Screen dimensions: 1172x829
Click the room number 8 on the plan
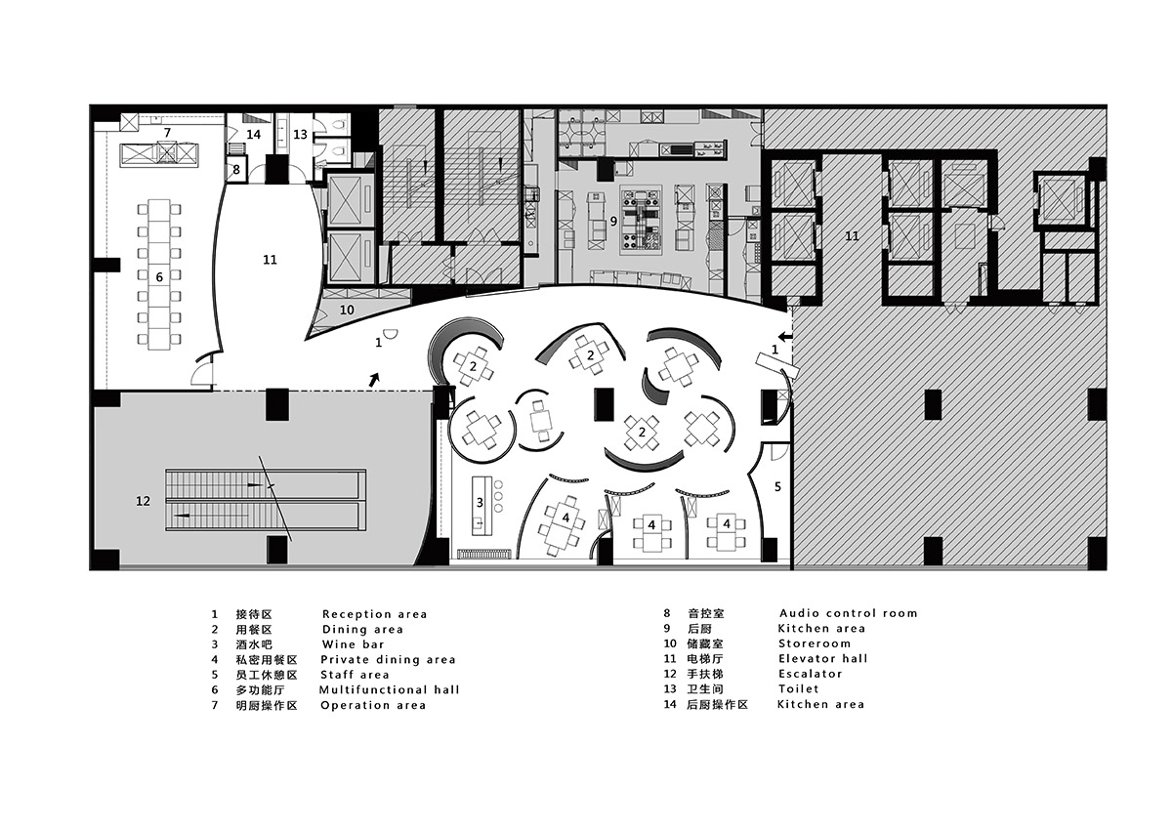[x=236, y=170]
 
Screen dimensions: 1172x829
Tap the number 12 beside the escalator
[x=143, y=501]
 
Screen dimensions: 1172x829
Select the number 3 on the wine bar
[x=480, y=503]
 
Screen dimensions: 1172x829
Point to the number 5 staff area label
[x=777, y=487]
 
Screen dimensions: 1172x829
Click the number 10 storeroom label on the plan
[x=347, y=311]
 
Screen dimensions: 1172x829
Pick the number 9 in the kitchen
[x=613, y=222]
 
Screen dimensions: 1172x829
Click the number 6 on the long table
[x=159, y=277]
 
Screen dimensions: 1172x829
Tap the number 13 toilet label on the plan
[x=301, y=135]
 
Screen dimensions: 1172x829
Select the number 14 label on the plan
[x=254, y=135]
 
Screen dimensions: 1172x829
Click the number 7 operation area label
[x=167, y=133]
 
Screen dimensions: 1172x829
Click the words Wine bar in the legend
[x=354, y=644]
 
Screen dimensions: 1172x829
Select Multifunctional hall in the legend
[x=390, y=690]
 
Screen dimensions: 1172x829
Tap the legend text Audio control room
[x=848, y=613]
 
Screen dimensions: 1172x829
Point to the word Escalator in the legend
[x=811, y=674]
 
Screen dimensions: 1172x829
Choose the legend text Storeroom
[x=815, y=643]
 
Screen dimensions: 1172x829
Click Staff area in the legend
[x=355, y=675]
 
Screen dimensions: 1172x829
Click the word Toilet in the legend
[x=799, y=688]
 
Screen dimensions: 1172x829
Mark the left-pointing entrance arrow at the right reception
[x=786, y=336]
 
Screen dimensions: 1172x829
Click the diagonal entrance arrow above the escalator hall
[x=374, y=380]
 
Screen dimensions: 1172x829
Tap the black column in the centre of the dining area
[x=605, y=404]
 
